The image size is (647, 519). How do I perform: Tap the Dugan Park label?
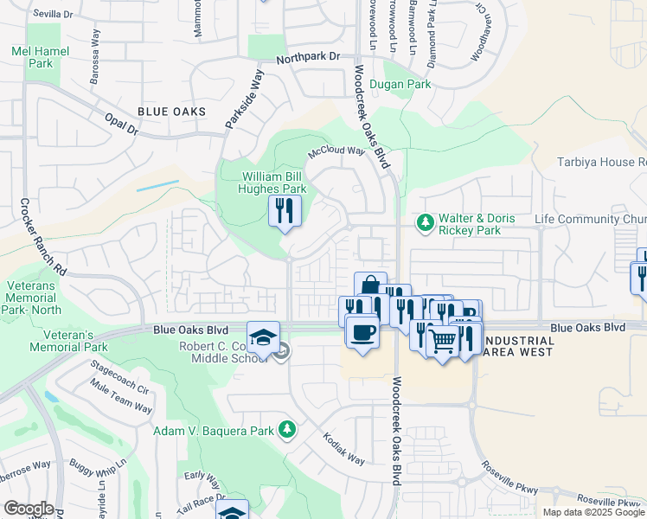click(400, 85)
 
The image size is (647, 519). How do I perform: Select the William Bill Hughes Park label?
click(273, 183)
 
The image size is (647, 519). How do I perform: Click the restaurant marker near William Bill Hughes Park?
click(285, 210)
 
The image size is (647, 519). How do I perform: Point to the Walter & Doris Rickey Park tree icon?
click(425, 223)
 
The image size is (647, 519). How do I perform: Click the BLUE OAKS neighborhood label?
click(171, 112)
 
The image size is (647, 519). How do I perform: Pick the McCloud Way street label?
click(337, 152)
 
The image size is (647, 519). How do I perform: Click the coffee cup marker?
click(362, 330)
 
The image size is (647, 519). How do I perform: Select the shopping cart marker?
click(442, 342)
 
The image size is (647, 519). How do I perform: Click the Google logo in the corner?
click(29, 509)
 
